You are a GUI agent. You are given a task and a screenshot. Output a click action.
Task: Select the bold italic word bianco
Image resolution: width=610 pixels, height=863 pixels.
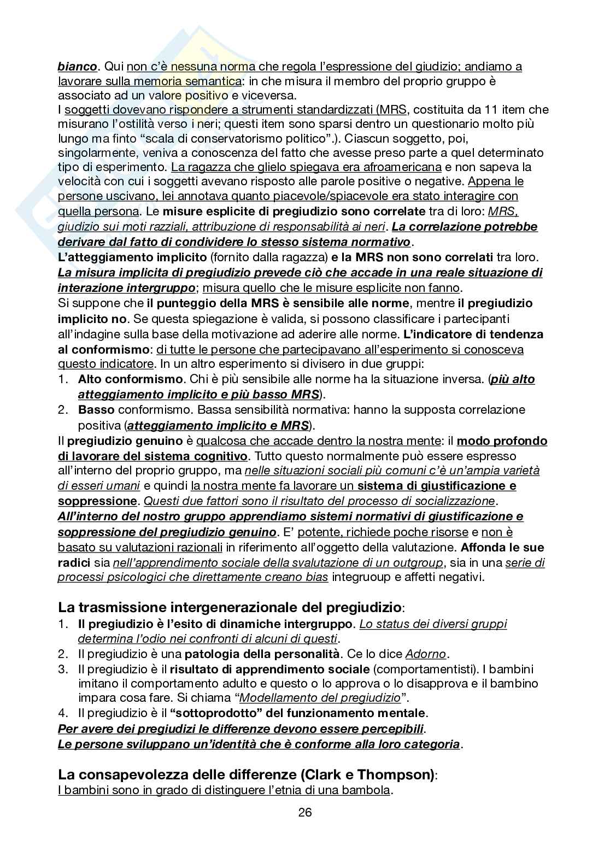[x=77, y=67]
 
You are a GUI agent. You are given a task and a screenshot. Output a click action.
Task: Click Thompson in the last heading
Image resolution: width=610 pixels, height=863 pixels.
[x=394, y=774]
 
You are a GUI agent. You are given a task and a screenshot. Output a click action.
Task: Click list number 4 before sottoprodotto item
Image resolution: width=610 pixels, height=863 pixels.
[x=62, y=713]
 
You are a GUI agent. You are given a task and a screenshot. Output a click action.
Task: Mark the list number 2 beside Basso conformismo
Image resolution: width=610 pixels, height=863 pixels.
[x=62, y=410]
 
